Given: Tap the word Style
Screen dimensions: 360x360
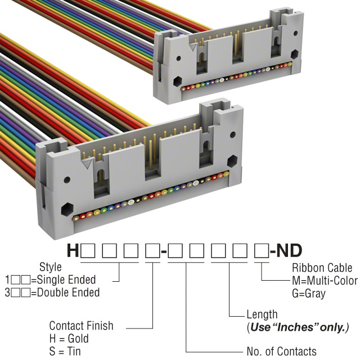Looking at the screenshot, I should pos(51,267).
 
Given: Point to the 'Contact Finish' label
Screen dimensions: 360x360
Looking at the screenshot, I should pos(81,326).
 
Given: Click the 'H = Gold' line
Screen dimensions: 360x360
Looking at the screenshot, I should pos(69,339).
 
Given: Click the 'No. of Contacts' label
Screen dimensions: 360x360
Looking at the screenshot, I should pos(281,352).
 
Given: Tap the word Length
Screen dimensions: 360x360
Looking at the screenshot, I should pos(262,314).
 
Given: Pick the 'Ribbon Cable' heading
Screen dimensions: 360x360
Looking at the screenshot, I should pos(322,268).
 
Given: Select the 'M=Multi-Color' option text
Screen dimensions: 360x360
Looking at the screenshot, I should pos(325,281).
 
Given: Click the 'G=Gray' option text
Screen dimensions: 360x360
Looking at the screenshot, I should pos(308,293).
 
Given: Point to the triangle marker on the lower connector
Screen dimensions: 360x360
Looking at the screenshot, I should pos(87,165).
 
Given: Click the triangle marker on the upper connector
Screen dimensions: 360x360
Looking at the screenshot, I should pos(193,49).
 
